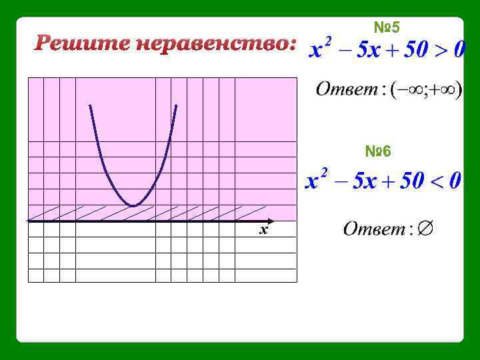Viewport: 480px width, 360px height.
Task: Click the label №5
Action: point(386,27)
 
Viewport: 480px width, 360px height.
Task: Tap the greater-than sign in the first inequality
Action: point(438,51)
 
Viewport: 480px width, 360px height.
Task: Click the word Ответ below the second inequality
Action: point(374,229)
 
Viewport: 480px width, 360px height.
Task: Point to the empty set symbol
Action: point(426,229)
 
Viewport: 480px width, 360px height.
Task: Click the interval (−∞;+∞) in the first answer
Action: point(426,89)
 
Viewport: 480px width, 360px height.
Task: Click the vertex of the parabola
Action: point(134,206)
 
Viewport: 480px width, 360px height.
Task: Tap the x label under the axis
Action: point(264,230)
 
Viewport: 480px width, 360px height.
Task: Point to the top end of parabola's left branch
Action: point(89,105)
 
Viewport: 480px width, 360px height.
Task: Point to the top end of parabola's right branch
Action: point(177,105)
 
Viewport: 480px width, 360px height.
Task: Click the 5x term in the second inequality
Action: point(364,181)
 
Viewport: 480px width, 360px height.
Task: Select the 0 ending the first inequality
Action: point(459,51)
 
